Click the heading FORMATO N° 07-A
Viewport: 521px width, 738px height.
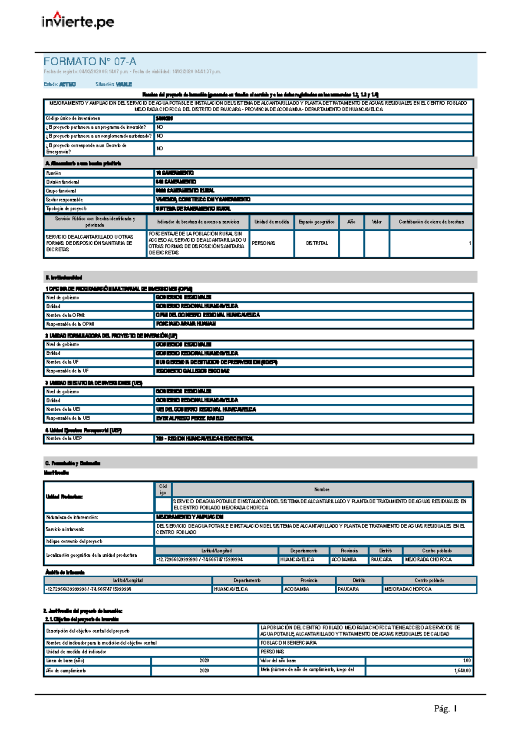point(89,61)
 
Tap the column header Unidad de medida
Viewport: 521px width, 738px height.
point(271,222)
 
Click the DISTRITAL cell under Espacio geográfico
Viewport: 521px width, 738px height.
point(317,243)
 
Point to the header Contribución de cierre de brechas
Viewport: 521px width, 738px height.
point(431,222)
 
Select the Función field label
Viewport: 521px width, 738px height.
point(54,173)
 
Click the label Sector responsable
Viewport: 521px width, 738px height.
point(65,199)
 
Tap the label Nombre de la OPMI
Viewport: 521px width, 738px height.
point(66,315)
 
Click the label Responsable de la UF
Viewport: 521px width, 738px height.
point(68,371)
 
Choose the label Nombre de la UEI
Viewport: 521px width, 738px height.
point(63,409)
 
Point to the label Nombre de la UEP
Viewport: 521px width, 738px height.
point(64,439)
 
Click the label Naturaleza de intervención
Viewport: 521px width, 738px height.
point(72,517)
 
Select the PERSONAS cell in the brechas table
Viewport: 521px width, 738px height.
point(264,243)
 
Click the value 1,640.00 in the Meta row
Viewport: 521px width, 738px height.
point(462,671)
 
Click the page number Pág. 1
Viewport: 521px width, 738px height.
point(445,708)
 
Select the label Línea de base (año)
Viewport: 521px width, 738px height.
point(65,661)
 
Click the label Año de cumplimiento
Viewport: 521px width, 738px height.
point(66,671)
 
